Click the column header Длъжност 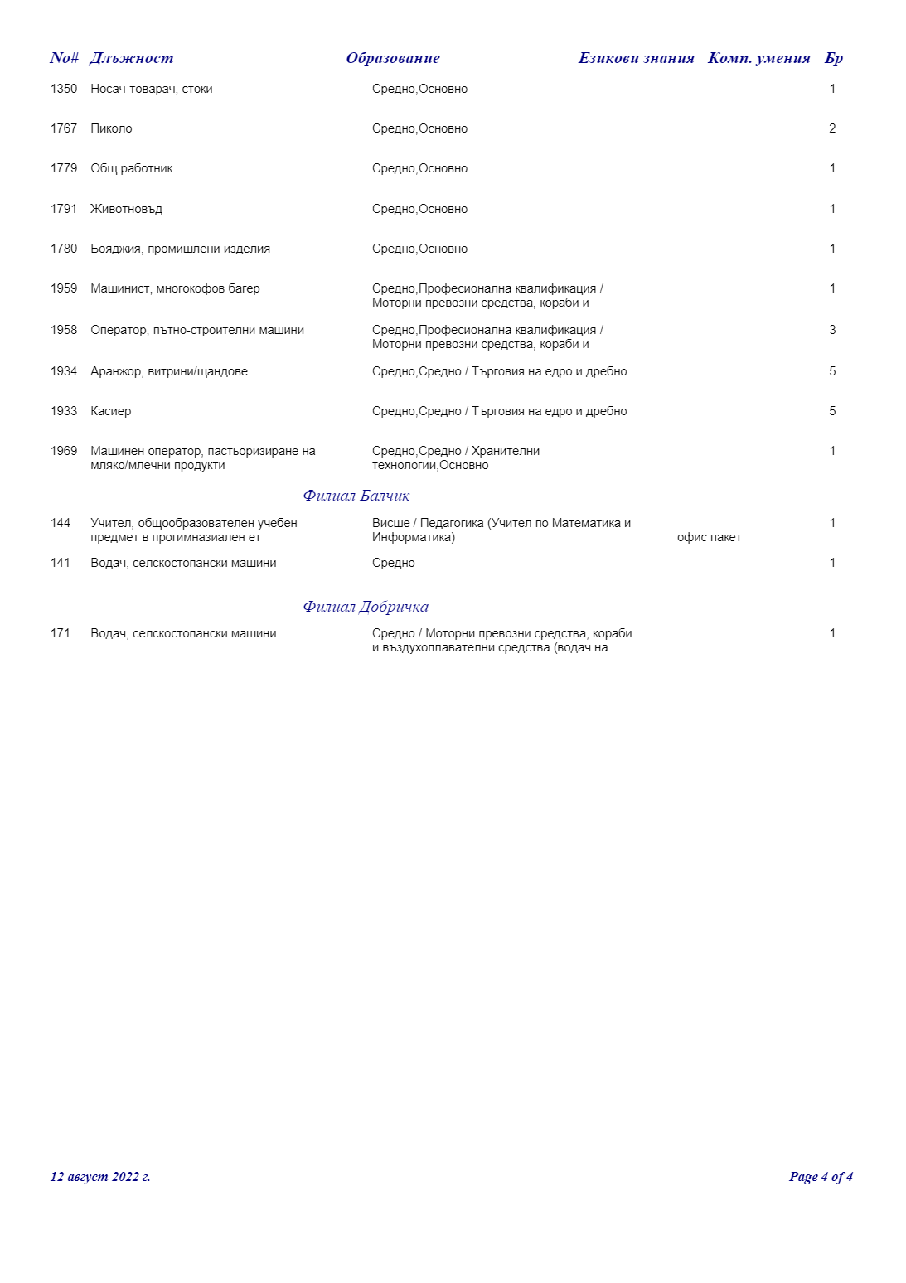tap(132, 58)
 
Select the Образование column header tap(393, 58)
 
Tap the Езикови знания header tap(636, 58)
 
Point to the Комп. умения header tap(758, 58)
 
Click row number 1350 tap(64, 89)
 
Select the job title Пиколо tap(111, 128)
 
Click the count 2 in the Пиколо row tap(832, 128)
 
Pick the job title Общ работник tap(132, 168)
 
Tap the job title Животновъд tap(126, 209)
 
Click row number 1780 tap(64, 249)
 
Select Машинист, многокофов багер tap(175, 288)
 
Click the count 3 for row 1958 tap(832, 330)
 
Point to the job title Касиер tap(110, 411)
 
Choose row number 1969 tap(64, 451)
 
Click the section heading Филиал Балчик tap(356, 496)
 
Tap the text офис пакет tap(709, 537)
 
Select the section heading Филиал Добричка tap(366, 607)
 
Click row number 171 tap(61, 633)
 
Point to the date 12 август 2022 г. tap(100, 1177)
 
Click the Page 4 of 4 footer tap(821, 1177)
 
